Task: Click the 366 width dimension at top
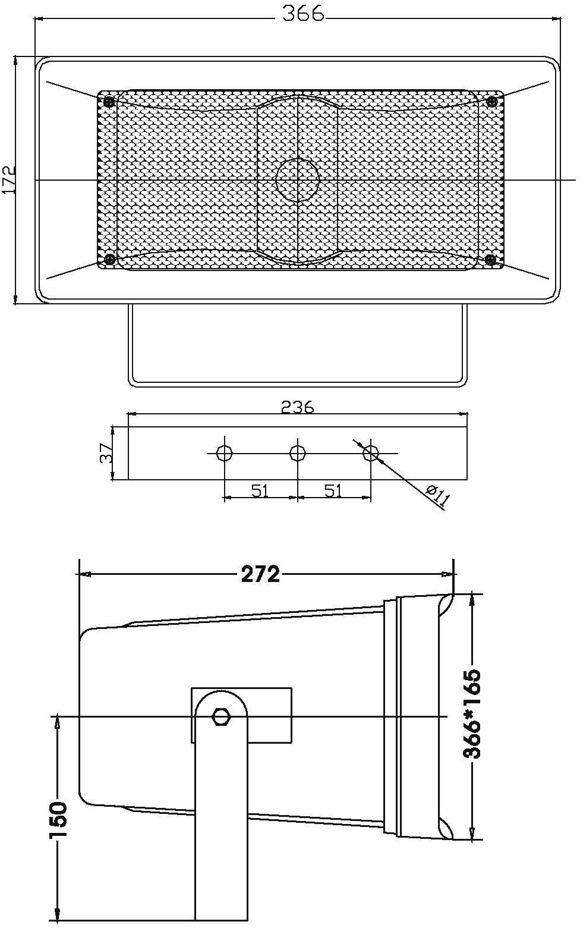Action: pyautogui.click(x=303, y=13)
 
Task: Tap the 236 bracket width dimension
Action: pyautogui.click(x=297, y=407)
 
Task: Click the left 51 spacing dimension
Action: pyautogui.click(x=260, y=490)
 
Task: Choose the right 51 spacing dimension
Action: pyautogui.click(x=333, y=490)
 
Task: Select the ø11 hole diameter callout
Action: pyautogui.click(x=437, y=495)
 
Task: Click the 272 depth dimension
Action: pyautogui.click(x=260, y=574)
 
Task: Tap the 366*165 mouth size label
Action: pyautogui.click(x=472, y=713)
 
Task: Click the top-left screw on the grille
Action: pyautogui.click(x=109, y=102)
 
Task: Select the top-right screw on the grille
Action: pyautogui.click(x=491, y=102)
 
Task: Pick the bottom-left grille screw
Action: pyautogui.click(x=109, y=259)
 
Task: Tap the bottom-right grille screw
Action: pyautogui.click(x=490, y=259)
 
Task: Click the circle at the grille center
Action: pyautogui.click(x=298, y=180)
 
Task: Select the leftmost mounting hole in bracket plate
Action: pyautogui.click(x=224, y=453)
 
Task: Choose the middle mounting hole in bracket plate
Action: pyautogui.click(x=297, y=453)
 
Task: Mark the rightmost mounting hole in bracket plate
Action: pyautogui.click(x=370, y=453)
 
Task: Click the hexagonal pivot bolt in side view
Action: pyautogui.click(x=220, y=716)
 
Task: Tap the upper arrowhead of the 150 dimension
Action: pyautogui.click(x=58, y=722)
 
